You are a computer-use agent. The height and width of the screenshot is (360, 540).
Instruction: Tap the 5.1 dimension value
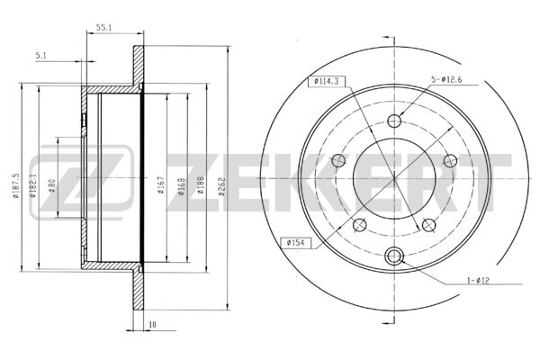coord(41,56)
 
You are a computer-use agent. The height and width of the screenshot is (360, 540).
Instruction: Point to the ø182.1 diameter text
coord(32,185)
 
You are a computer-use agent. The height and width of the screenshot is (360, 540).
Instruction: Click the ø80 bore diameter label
coord(52,185)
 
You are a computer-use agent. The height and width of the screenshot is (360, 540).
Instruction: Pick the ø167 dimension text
coord(161,185)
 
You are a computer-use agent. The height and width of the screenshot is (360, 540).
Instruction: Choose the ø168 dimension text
coord(182,186)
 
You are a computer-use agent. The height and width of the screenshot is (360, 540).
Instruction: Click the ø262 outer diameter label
coord(222,186)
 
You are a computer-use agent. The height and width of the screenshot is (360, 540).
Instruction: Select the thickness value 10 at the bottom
coord(153,325)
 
